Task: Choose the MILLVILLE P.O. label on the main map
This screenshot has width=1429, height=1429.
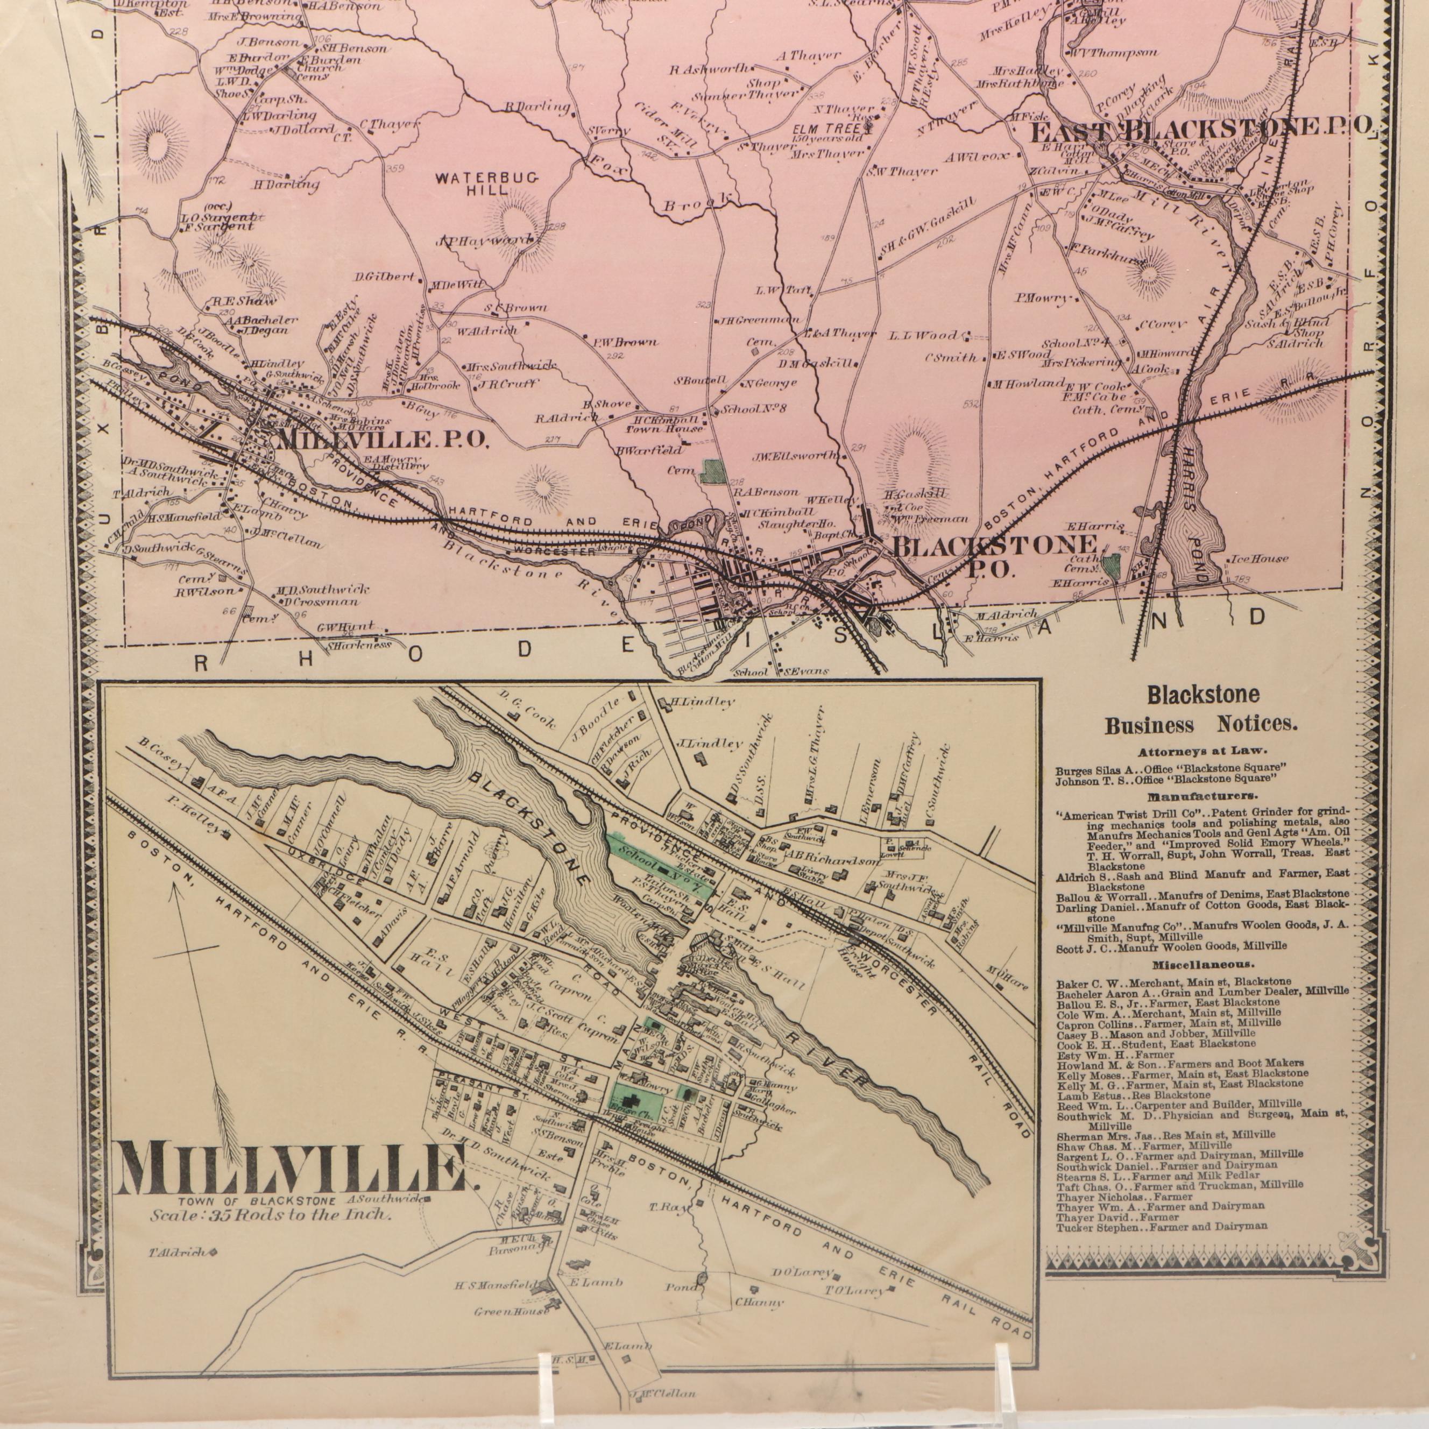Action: click(381, 440)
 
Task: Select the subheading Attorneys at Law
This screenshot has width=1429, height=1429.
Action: click(1202, 751)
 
